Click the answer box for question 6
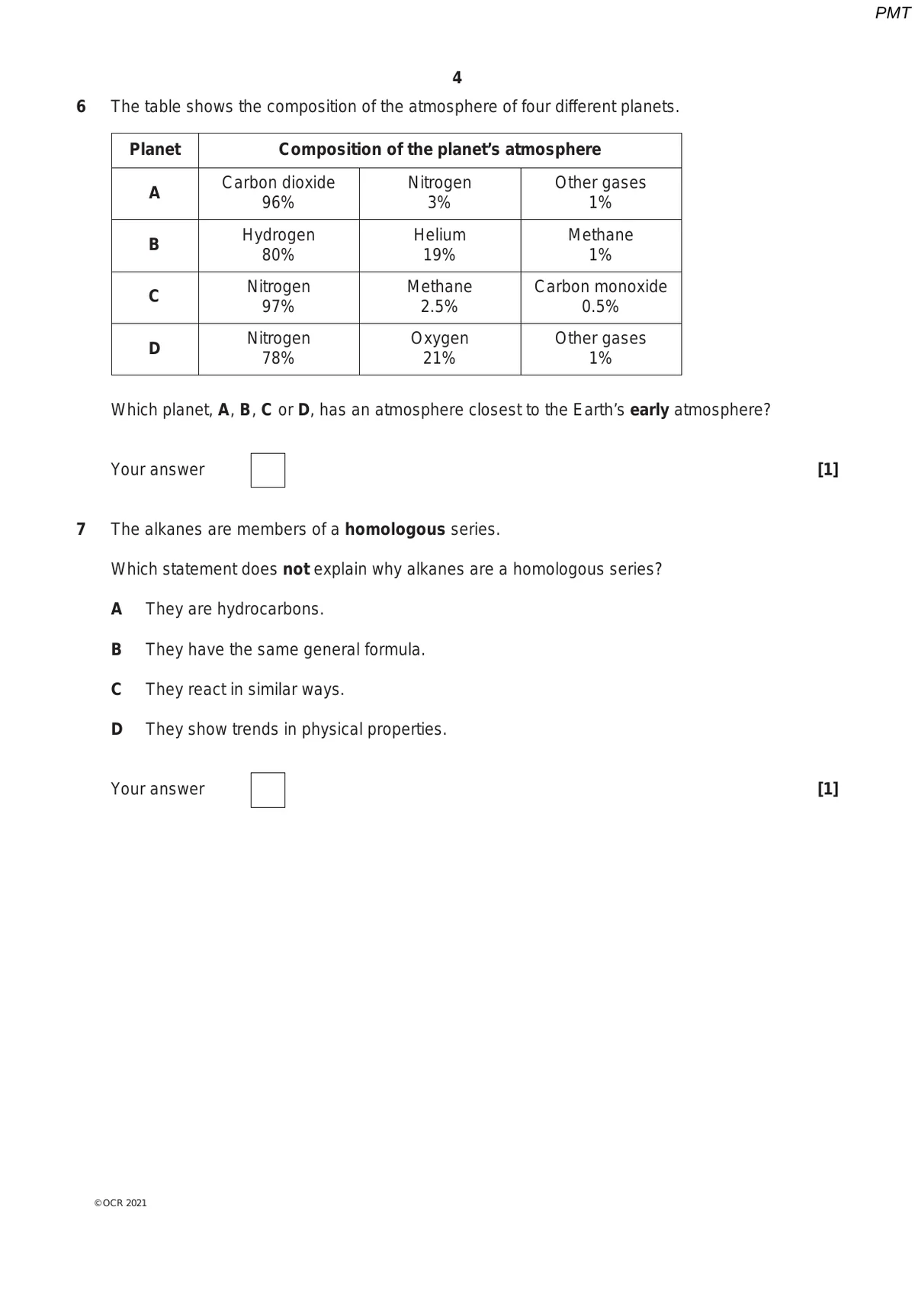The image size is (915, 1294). [268, 470]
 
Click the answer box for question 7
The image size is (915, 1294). [268, 790]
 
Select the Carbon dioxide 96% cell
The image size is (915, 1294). [278, 193]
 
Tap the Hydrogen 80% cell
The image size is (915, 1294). [278, 245]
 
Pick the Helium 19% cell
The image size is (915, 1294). [439, 245]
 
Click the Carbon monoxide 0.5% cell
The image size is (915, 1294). [600, 297]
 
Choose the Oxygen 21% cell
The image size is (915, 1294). [439, 349]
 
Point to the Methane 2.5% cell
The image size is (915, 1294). [439, 297]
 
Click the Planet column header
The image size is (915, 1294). [155, 150]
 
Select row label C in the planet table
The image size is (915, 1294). [154, 297]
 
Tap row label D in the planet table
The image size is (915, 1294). [154, 349]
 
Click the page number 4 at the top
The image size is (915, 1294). [457, 78]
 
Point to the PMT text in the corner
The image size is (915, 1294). [892, 13]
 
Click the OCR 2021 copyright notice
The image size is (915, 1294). [120, 1203]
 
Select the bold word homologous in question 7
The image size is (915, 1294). [394, 530]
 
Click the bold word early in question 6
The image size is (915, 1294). [649, 410]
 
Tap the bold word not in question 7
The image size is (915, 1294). [296, 569]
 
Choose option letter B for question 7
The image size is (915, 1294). [117, 649]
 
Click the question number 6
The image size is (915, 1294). [82, 107]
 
